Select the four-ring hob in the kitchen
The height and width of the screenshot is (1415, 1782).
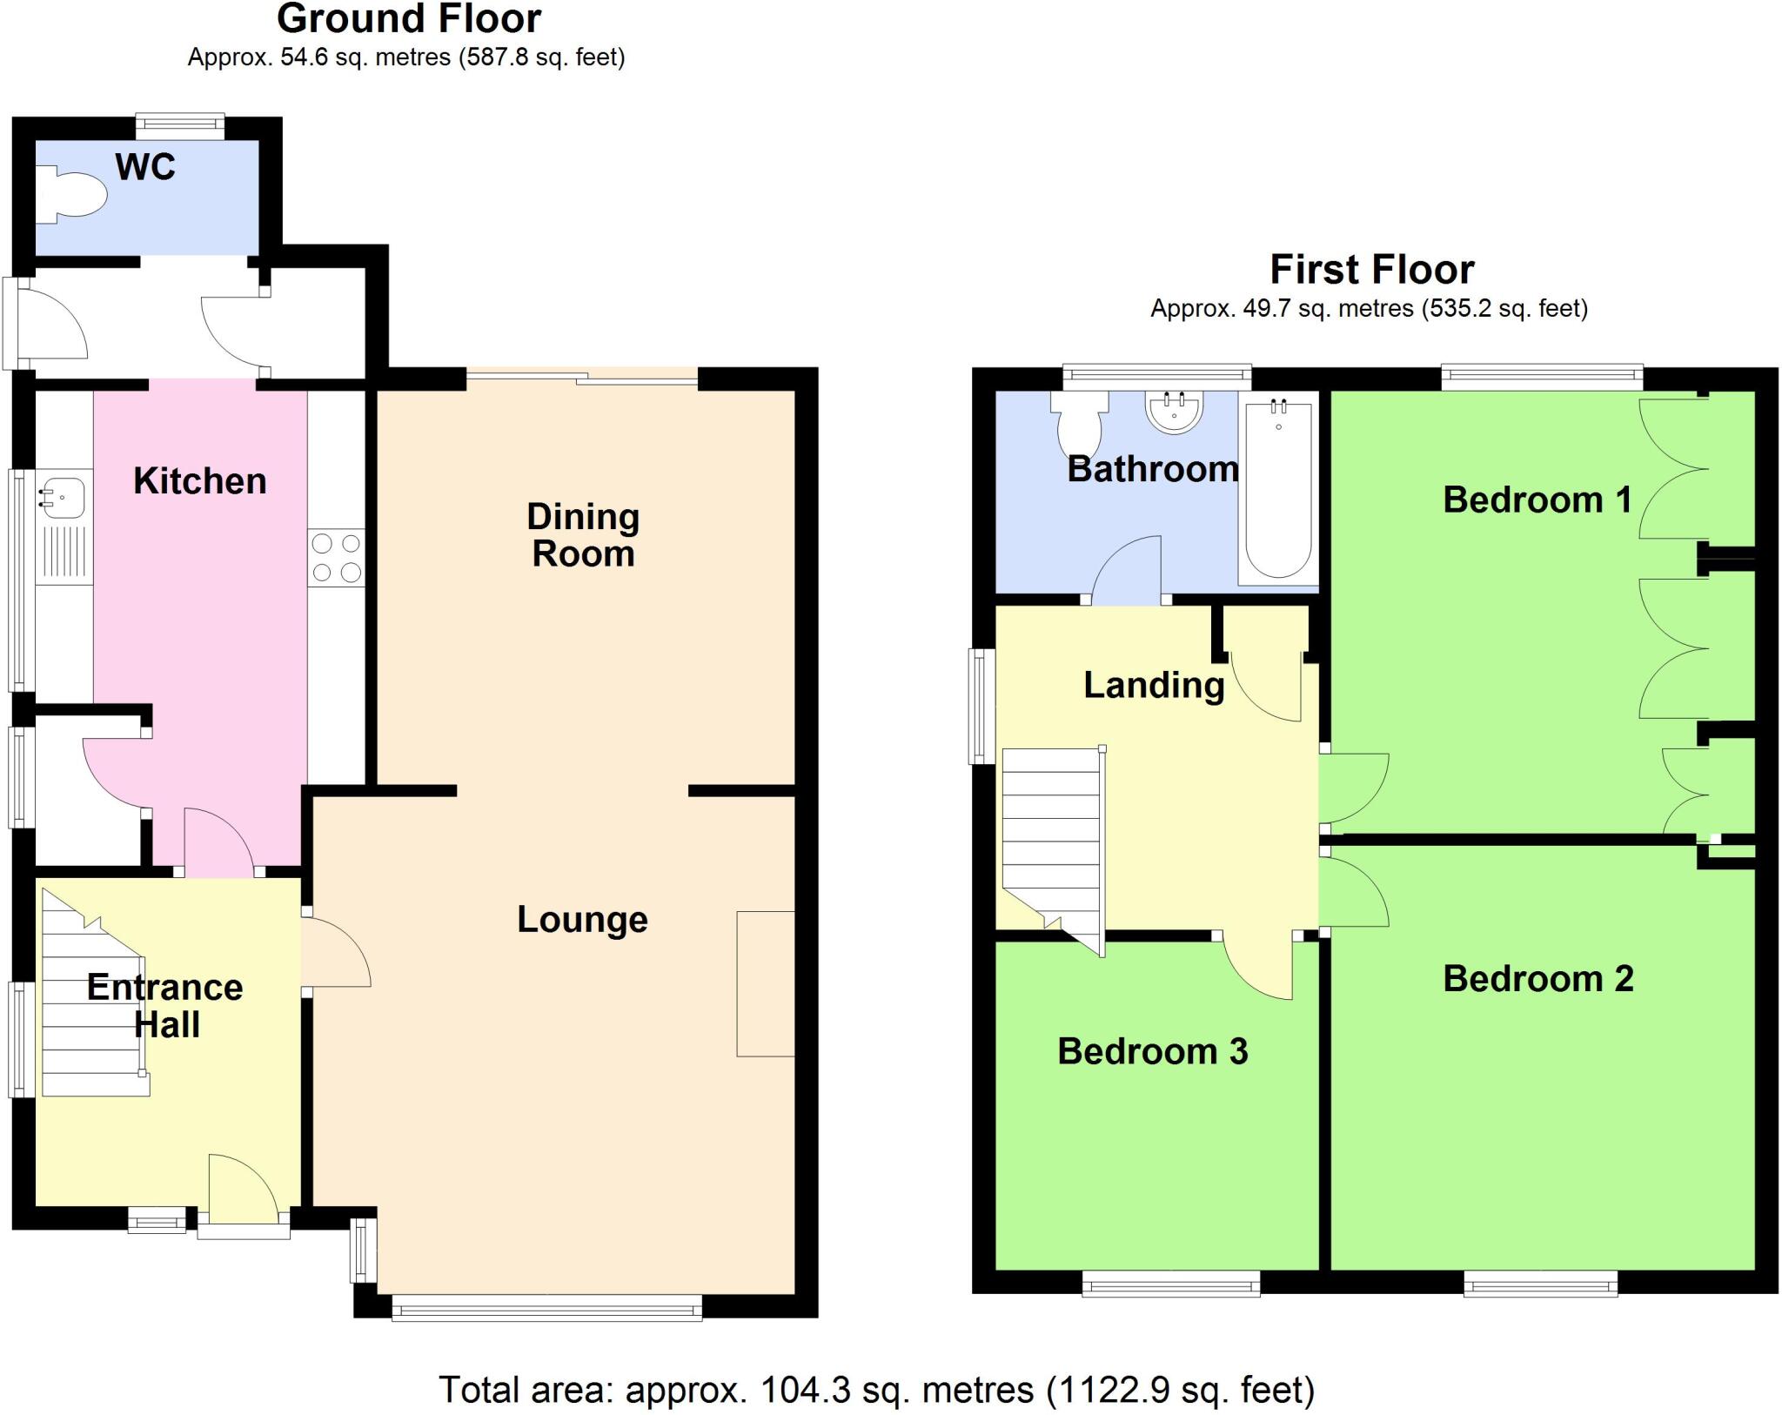[x=336, y=558]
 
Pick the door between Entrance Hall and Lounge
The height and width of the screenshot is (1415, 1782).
[x=335, y=953]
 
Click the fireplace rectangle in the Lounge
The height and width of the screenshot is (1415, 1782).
[x=765, y=983]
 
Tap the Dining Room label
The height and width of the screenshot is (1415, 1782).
[x=583, y=534]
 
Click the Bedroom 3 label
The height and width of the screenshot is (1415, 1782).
[x=1152, y=1051]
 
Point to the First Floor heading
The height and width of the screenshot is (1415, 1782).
[x=1371, y=270]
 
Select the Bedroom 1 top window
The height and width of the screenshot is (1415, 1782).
[x=1541, y=376]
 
